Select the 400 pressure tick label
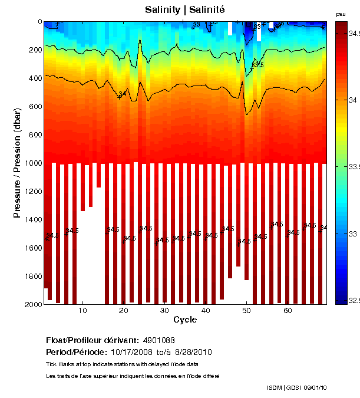pos(34,78)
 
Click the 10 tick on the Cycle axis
pos(83,310)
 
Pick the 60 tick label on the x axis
pos(288,310)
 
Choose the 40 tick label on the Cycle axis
pos(206,310)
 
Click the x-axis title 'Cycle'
pos(184,320)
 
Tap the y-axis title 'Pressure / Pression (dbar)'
pos(17,163)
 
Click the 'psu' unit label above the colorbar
pos(341,14)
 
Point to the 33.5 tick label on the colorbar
pos(354,167)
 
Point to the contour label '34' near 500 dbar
pos(123,94)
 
